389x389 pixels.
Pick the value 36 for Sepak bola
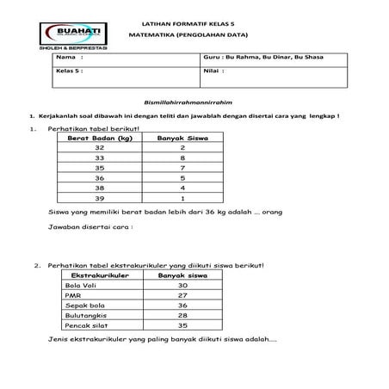point(181,305)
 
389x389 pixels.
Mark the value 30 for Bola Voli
point(181,285)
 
